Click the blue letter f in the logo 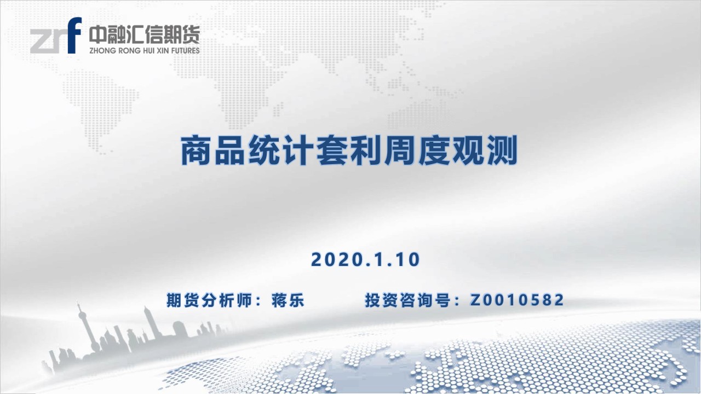(x=74, y=35)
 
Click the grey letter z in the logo (x=41, y=40)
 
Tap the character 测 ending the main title (x=501, y=150)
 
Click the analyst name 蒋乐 (x=288, y=300)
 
